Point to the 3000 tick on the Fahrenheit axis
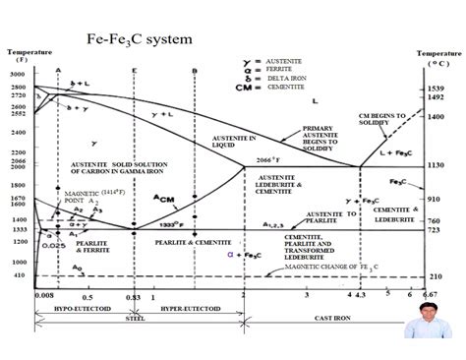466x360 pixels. point(19,75)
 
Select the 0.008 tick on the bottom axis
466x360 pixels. point(42,295)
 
